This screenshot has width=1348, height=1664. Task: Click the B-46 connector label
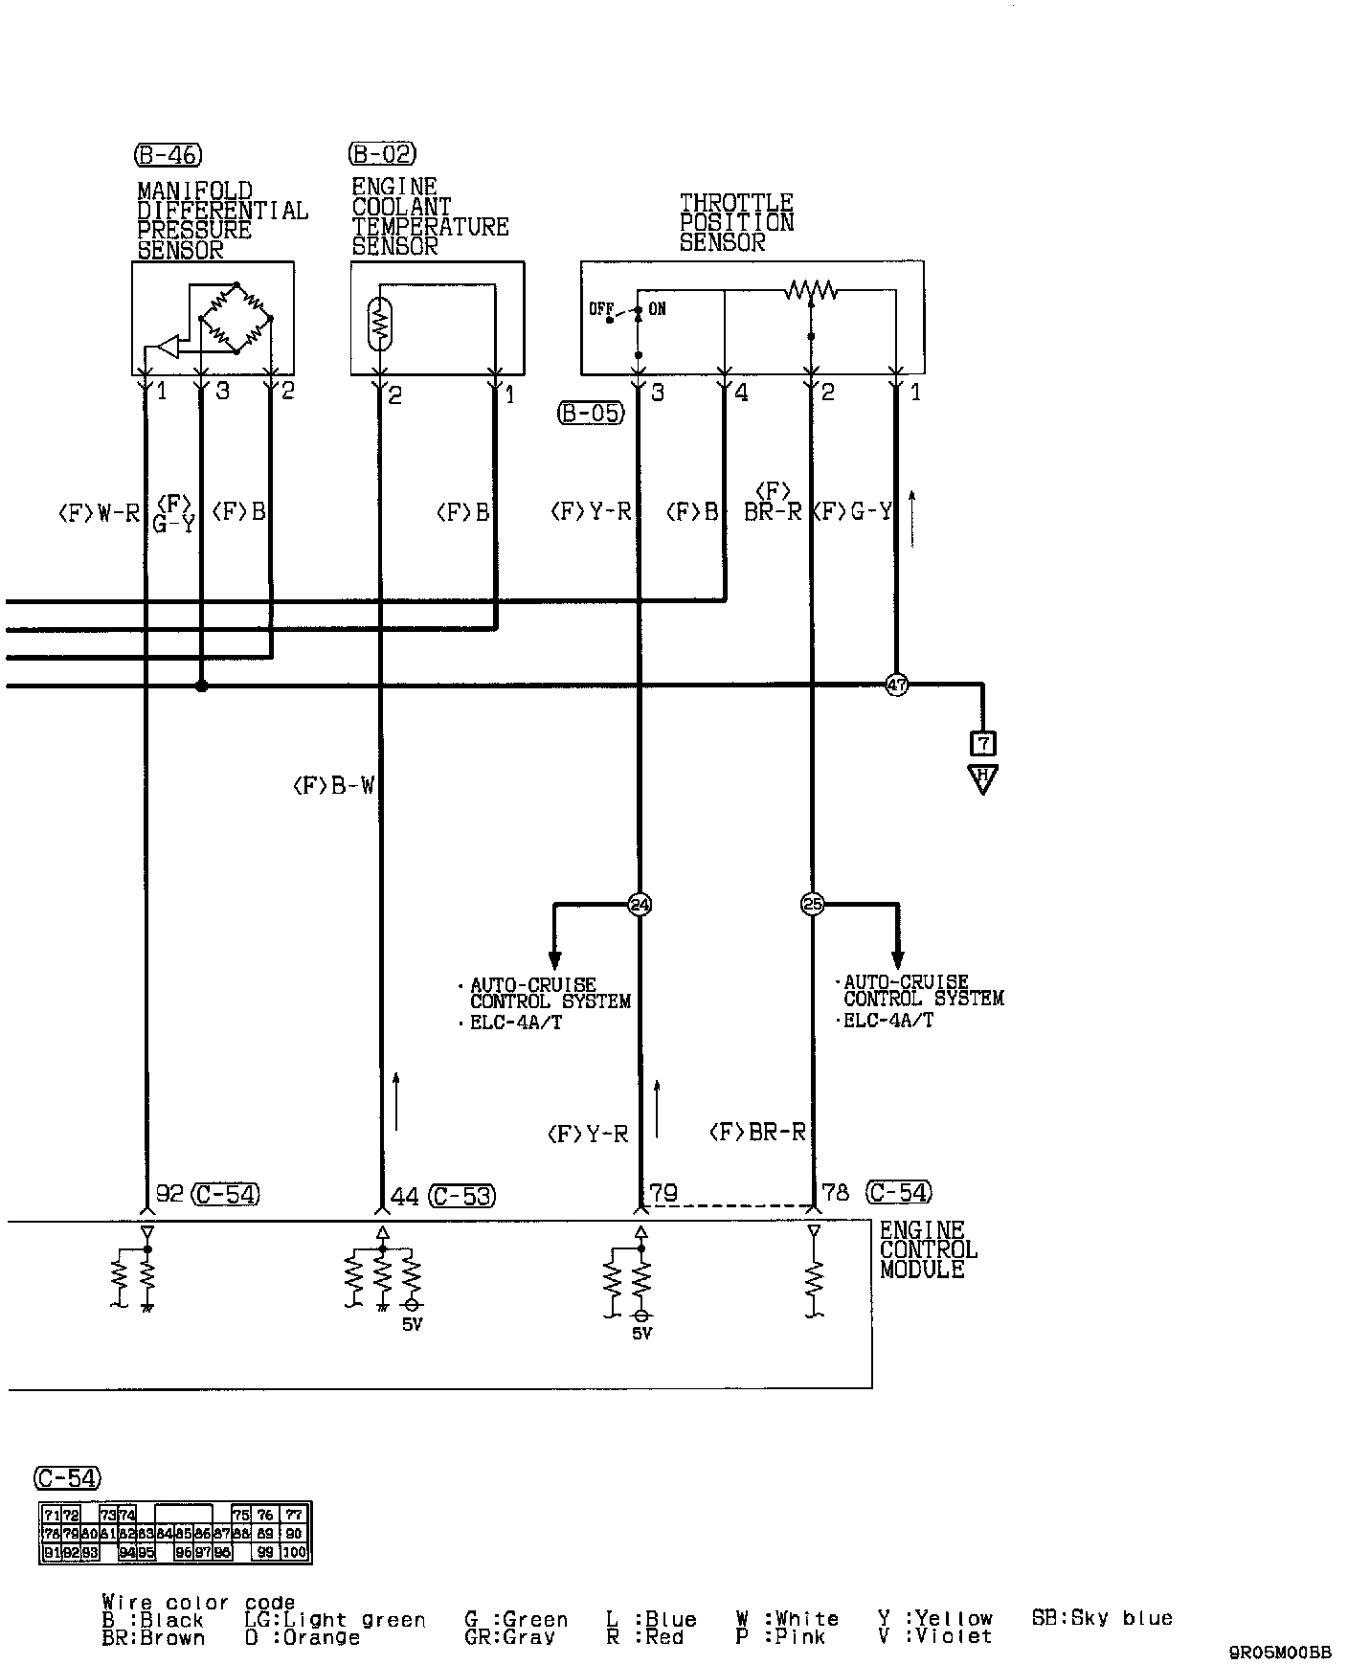coord(168,154)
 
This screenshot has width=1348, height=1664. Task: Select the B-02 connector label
coord(382,153)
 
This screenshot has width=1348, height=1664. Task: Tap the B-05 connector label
coord(591,414)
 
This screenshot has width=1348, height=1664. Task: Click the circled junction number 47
coord(896,685)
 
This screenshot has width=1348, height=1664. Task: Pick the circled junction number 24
coord(639,904)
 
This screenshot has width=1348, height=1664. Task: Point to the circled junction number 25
coord(812,904)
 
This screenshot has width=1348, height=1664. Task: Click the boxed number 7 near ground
coord(982,743)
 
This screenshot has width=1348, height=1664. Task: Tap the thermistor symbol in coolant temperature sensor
coord(380,323)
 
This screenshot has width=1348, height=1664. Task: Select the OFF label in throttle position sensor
coord(600,309)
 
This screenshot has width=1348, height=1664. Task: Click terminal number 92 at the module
coord(169,1194)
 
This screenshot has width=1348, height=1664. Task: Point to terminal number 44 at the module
coord(405,1196)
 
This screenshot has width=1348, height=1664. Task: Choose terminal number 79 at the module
coord(663,1193)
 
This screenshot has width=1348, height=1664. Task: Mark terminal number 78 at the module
coord(836,1193)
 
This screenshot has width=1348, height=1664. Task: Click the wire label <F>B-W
coord(333,787)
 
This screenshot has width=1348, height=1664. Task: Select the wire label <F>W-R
coord(99,514)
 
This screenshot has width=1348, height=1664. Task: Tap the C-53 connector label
coord(462,1196)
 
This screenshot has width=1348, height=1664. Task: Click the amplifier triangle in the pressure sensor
coord(168,347)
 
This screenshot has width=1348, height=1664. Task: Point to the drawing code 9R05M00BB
coord(1280,1652)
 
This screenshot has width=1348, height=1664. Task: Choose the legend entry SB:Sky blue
coord(1101,1618)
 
